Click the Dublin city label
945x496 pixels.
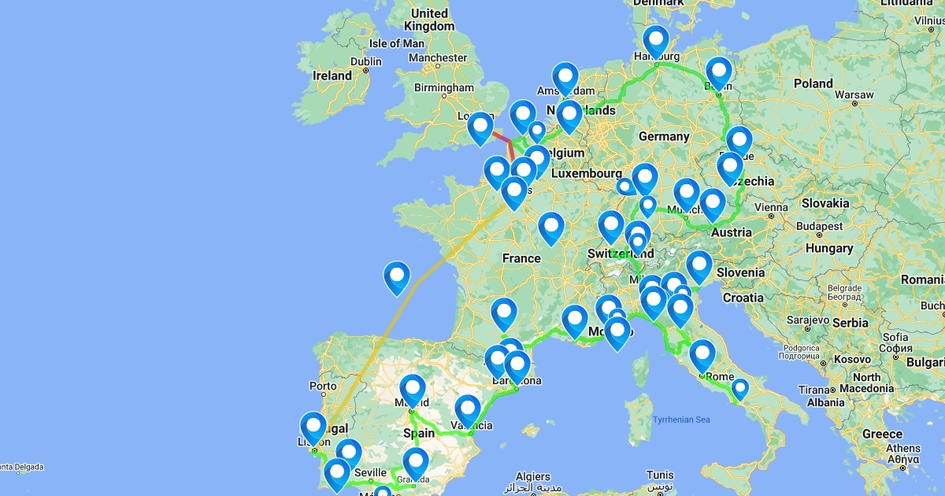[365, 61]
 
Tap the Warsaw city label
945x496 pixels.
[854, 94]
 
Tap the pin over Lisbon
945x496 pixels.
[313, 428]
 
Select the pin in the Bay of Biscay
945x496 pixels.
[397, 276]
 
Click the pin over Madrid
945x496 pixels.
[413, 390]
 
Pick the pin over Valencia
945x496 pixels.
[468, 409]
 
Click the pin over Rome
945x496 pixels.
[702, 354]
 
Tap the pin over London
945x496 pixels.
[480, 128]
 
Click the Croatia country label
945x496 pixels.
[743, 298]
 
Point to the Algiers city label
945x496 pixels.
[533, 476]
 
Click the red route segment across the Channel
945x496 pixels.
[502, 139]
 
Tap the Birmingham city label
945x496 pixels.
[444, 87]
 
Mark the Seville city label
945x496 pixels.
[371, 472]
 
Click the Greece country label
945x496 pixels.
[882, 434]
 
